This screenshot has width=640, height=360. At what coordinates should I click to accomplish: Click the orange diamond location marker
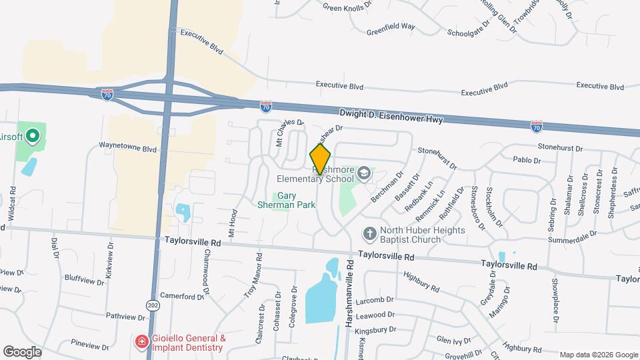coord(320,159)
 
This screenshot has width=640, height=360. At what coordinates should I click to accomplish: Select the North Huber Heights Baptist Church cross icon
coord(369,233)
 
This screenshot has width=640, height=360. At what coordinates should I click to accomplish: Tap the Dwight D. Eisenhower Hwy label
coord(391,117)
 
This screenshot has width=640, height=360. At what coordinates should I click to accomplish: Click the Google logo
coord(22,351)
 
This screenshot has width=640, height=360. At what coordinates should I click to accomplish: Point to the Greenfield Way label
coord(391,27)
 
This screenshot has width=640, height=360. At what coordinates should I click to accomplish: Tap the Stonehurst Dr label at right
coord(560,148)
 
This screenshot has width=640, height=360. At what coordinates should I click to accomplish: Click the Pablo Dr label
coord(527,161)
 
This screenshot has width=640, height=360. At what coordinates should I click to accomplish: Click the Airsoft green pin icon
coord(31,138)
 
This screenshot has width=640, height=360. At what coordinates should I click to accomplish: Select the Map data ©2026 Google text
coord(597,355)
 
